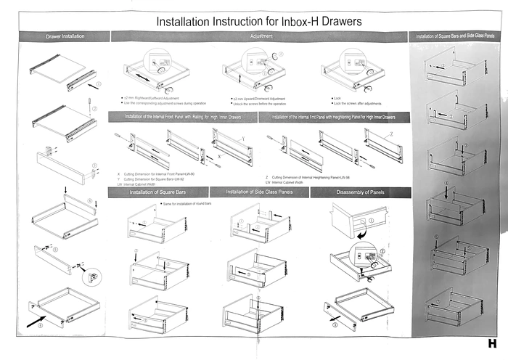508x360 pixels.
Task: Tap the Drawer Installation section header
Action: coord(65,36)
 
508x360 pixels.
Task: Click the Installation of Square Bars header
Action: coord(158,192)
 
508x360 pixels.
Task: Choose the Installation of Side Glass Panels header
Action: coord(259,192)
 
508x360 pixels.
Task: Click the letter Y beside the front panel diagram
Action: coord(242,138)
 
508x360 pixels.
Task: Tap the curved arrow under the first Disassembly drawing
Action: coord(361,234)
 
